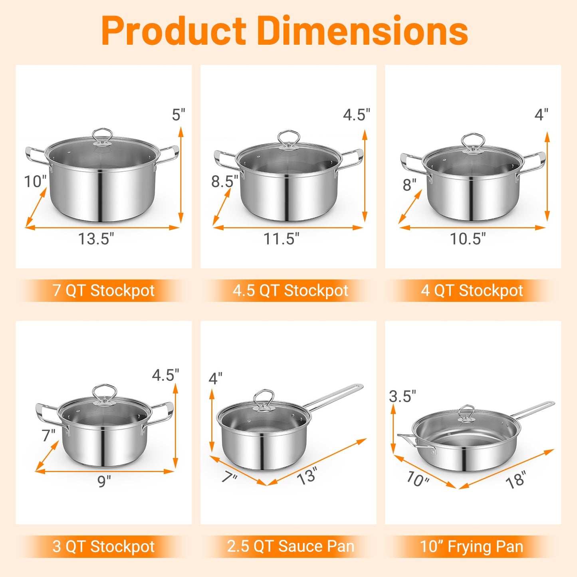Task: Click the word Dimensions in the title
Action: coord(363,31)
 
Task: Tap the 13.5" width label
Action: coord(96,239)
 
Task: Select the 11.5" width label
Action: coord(281,239)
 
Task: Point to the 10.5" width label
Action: coord(468,239)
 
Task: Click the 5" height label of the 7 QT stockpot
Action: coord(178,115)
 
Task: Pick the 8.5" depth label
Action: coord(224,181)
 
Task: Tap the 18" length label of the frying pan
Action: coord(516,480)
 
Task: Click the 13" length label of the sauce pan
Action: coord(307,476)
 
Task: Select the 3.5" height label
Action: coord(403,397)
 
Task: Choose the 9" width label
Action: coord(104,482)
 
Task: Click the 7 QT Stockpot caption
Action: coord(103,291)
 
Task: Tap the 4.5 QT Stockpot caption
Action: coord(290,291)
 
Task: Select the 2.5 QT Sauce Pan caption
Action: coord(290,546)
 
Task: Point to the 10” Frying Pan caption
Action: coord(472,546)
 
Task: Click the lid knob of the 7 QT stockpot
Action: coord(102,136)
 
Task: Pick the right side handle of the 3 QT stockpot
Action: coord(163,413)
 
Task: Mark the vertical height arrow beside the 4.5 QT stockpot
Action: coord(364,176)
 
